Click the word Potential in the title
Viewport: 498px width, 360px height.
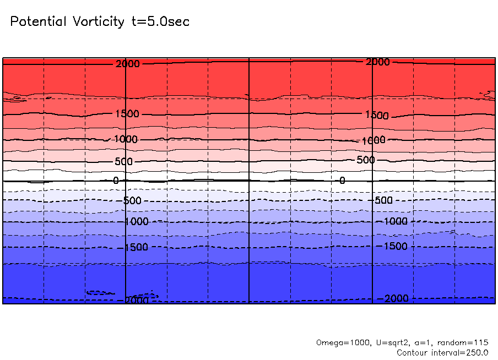point(37,21)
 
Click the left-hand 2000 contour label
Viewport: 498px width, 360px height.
point(128,64)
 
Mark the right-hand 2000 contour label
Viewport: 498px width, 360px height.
point(378,62)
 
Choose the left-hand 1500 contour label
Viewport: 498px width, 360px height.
point(128,114)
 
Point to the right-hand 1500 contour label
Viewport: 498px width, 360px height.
point(377,116)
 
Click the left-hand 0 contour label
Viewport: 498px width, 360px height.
point(116,181)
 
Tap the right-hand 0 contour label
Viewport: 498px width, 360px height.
point(342,181)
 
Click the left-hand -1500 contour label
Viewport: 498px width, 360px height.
point(136,247)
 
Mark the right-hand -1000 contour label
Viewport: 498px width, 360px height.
point(394,221)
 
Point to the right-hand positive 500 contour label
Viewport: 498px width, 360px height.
point(365,160)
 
